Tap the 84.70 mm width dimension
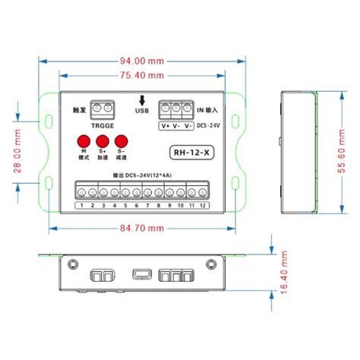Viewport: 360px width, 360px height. tap(144, 227)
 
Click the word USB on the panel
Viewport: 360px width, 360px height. tap(141, 110)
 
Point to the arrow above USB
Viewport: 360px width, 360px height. tap(141, 99)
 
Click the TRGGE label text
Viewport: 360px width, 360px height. tap(102, 126)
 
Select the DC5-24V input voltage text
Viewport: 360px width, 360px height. tap(209, 125)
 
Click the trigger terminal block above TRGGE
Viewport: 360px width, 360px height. tap(103, 109)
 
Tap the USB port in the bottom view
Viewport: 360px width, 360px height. tap(140, 275)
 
